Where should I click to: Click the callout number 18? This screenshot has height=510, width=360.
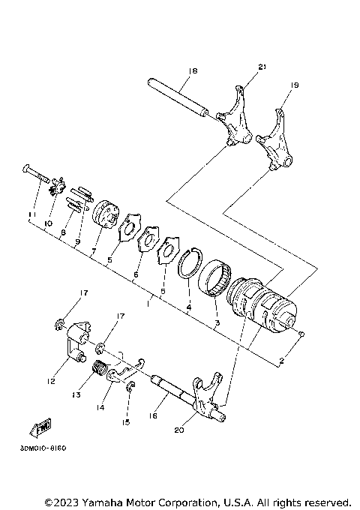(x=193, y=70)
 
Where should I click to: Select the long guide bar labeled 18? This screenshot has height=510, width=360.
(x=178, y=95)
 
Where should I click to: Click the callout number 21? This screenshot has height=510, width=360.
(x=262, y=67)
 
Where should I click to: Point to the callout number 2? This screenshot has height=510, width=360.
(x=281, y=361)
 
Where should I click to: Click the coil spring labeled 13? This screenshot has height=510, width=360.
(x=97, y=368)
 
